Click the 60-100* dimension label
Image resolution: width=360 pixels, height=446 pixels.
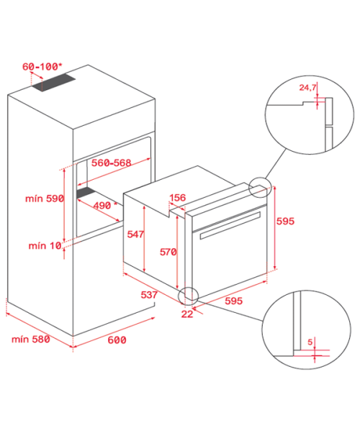pos(42,67)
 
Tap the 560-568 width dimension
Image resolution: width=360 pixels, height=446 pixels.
pos(112,163)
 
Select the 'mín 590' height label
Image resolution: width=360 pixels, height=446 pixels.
pos(45,199)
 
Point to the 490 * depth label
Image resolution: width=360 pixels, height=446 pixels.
pos(105,205)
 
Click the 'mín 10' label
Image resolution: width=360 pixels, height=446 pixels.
pos(45,245)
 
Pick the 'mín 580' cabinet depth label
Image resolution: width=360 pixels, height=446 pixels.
pos(31,339)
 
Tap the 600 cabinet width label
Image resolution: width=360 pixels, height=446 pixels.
pos(117,340)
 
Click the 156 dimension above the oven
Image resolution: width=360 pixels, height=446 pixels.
pos(177,197)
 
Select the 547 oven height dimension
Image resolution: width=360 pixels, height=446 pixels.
pos(135,234)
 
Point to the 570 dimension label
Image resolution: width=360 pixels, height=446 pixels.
pos(168,252)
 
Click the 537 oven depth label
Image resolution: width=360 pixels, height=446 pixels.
pos(149,295)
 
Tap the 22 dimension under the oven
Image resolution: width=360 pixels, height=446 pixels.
pos(187,314)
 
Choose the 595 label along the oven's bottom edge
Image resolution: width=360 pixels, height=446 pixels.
pos(234,301)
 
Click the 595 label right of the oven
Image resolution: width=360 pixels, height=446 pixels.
pos(285,221)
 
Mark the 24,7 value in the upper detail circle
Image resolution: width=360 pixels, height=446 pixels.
pos(307,87)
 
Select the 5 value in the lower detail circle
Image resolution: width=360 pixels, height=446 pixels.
pos(310,342)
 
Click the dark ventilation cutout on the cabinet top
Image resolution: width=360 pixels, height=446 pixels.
pos(53,83)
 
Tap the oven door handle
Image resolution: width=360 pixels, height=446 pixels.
pos(230,225)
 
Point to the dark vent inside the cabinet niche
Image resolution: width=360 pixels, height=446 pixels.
pos(86,192)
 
